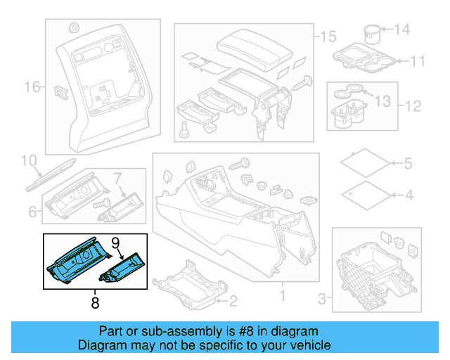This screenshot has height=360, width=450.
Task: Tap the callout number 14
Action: click(401, 30)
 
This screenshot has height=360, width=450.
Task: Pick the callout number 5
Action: click(408, 164)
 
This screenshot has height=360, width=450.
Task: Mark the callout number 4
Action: click(408, 194)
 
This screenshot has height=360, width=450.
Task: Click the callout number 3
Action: click(323, 300)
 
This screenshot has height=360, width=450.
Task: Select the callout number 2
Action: click(233, 302)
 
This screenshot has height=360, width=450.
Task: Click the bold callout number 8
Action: click(95, 304)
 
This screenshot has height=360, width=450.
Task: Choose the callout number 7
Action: click(118, 177)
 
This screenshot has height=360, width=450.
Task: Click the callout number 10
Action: click(27, 162)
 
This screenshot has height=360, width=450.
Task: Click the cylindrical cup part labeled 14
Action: click(373, 33)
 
